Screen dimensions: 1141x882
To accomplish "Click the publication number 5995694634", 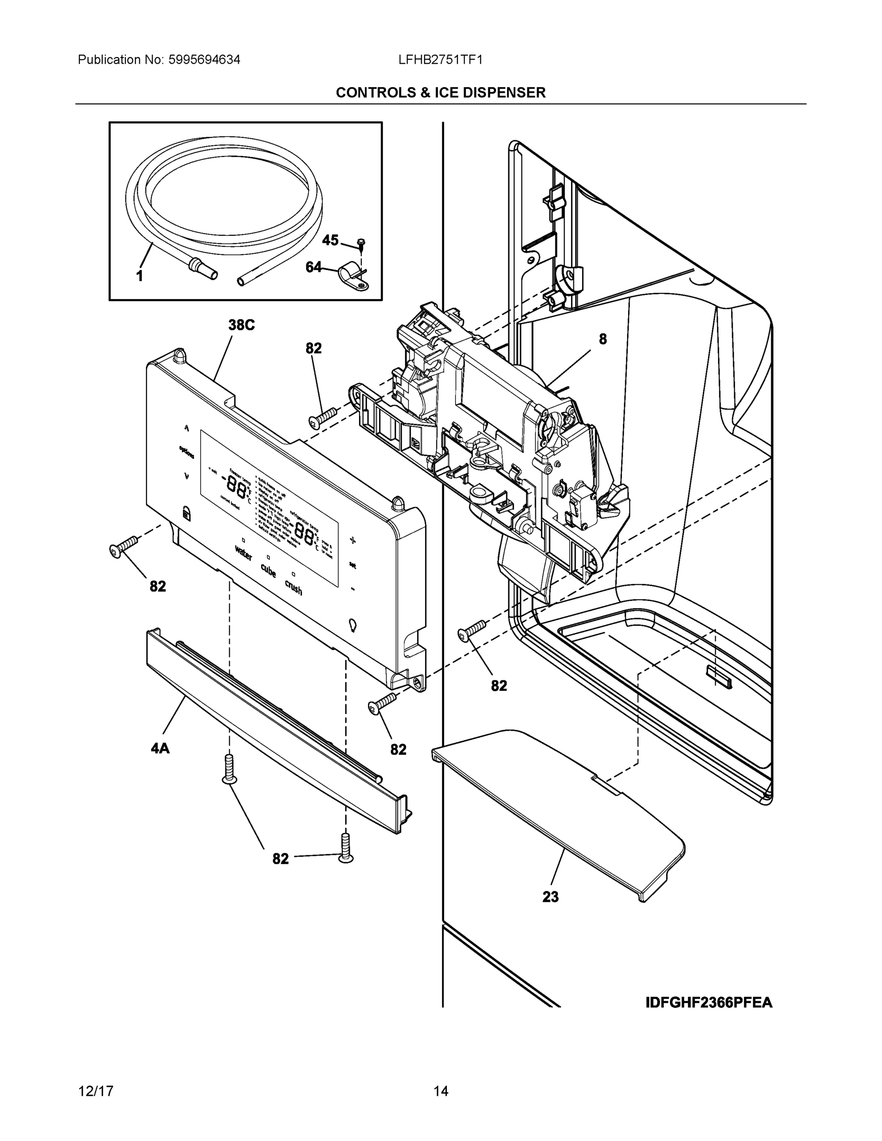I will (204, 60).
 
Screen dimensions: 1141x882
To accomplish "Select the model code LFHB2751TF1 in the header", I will (440, 60).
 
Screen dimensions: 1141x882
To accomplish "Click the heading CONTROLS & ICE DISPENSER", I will (440, 93).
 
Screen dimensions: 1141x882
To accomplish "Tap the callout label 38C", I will (242, 325).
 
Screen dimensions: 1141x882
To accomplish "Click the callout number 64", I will (313, 268).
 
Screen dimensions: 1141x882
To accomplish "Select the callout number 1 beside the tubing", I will (139, 276).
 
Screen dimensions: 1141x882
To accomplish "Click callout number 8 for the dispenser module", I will (602, 339).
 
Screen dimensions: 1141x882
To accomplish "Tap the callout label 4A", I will (160, 749).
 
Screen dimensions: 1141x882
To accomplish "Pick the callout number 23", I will (550, 897).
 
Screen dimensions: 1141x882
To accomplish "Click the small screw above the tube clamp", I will (361, 242).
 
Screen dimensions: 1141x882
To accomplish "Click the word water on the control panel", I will (243, 552).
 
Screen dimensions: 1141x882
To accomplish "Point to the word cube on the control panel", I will (269, 570).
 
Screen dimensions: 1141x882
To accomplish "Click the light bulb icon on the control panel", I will (353, 625).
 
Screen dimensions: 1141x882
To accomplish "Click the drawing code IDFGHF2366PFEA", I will (708, 1003).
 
